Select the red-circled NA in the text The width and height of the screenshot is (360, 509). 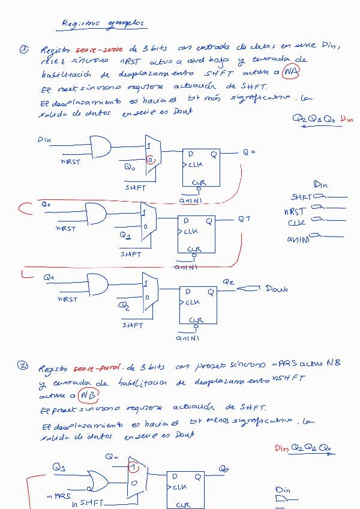tap(291, 73)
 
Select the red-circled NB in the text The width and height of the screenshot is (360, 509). tap(88, 397)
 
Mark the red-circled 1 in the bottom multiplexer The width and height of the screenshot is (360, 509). tap(135, 467)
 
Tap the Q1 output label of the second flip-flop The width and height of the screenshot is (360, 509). tap(244, 219)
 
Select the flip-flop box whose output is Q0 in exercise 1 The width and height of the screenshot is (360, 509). tap(201, 169)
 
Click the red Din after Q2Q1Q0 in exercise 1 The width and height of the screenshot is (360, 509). tap(347, 119)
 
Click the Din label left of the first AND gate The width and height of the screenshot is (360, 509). tap(44, 140)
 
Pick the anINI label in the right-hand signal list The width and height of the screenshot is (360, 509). tap(298, 239)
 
